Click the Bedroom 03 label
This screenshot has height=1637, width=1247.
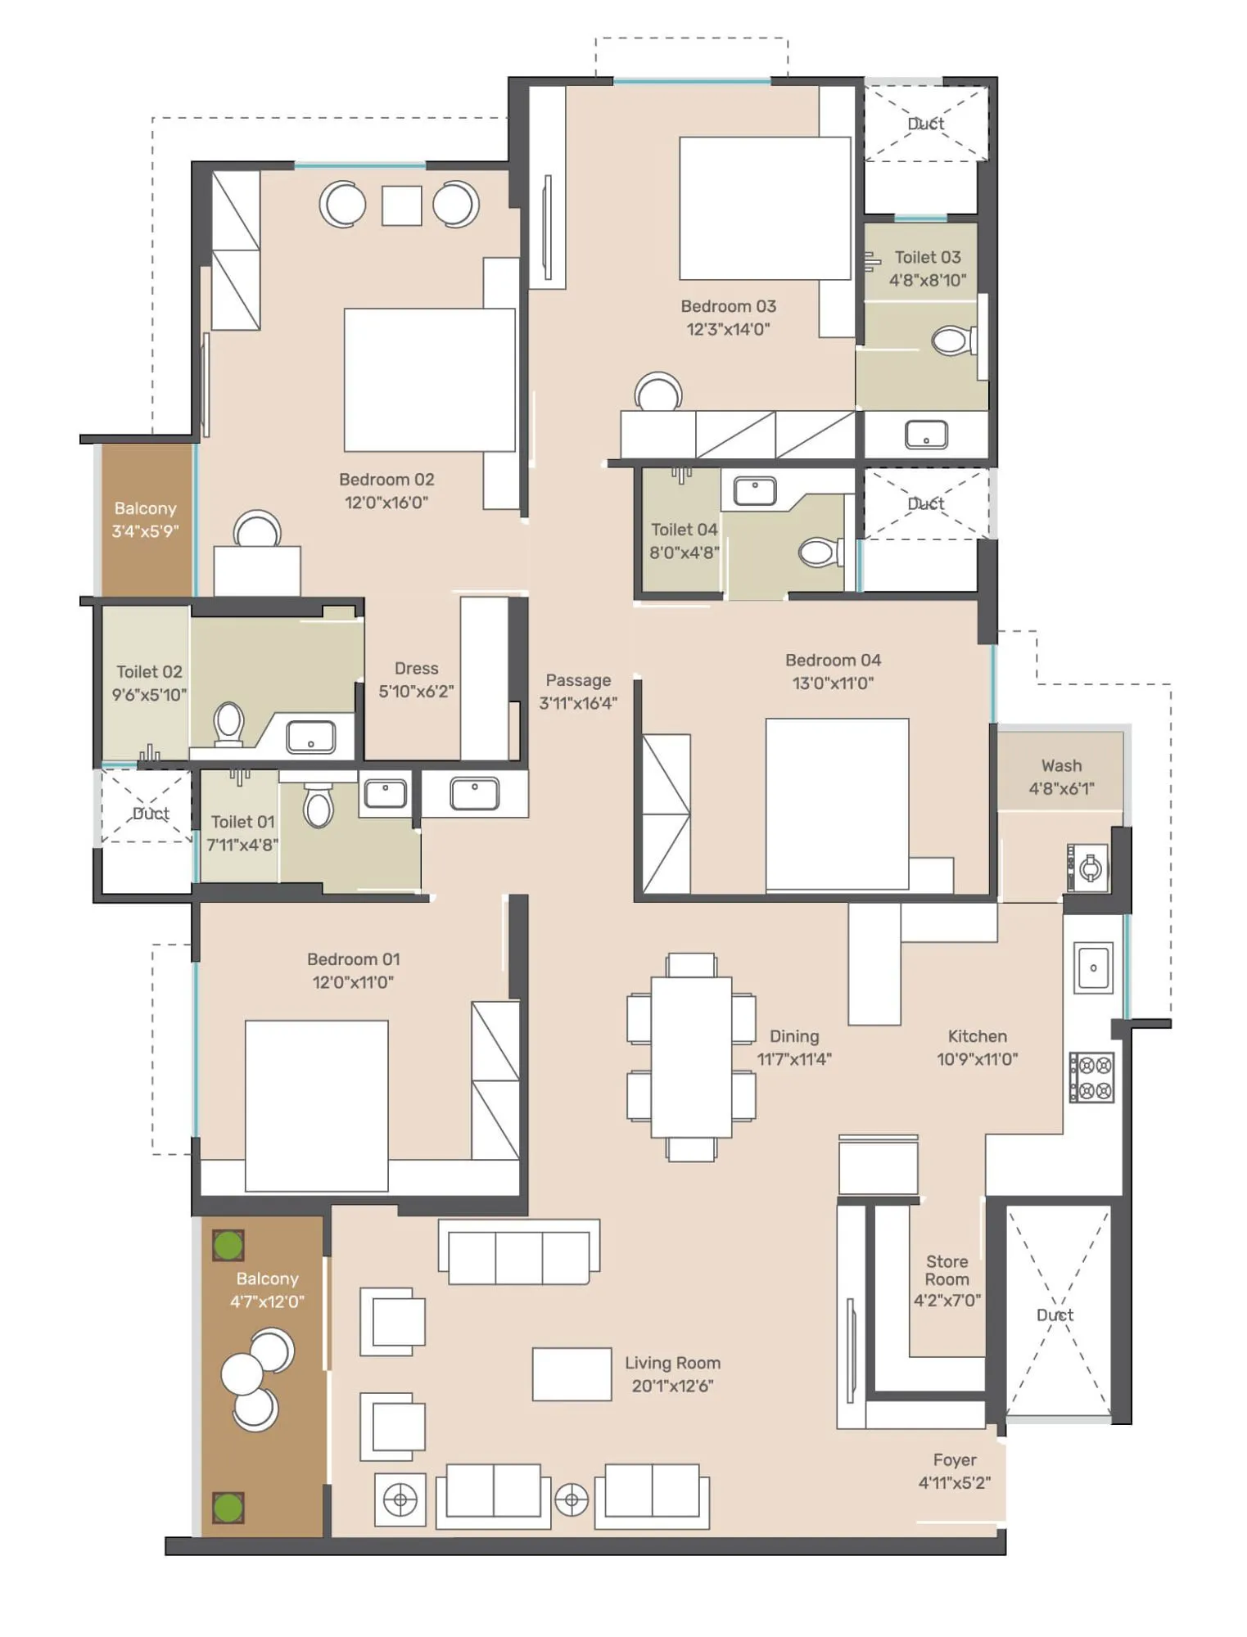pyautogui.click(x=728, y=306)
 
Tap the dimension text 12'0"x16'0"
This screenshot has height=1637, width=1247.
pyautogui.click(x=386, y=503)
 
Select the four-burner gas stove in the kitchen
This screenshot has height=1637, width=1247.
pyautogui.click(x=1091, y=1077)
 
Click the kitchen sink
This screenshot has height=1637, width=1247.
pyautogui.click(x=1093, y=967)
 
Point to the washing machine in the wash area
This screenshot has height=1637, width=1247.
pyautogui.click(x=1088, y=868)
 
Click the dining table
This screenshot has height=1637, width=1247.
pyautogui.click(x=691, y=1057)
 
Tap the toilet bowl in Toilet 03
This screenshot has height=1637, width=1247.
pyautogui.click(x=952, y=340)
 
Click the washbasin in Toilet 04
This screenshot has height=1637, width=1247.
pyautogui.click(x=754, y=491)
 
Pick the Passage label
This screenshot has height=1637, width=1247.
pyautogui.click(x=578, y=680)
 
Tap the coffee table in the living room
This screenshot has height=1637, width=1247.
pyautogui.click(x=572, y=1374)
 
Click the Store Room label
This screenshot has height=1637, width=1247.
pyautogui.click(x=947, y=1270)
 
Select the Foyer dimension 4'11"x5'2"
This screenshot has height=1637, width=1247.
pyautogui.click(x=954, y=1482)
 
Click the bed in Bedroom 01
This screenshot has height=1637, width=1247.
pyautogui.click(x=316, y=1105)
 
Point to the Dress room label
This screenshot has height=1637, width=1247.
pyautogui.click(x=416, y=669)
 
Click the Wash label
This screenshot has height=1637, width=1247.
pyautogui.click(x=1061, y=765)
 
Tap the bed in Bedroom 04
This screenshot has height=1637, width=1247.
pyautogui.click(x=837, y=804)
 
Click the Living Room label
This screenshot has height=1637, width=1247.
pyautogui.click(x=672, y=1363)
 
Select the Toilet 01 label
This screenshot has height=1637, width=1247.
pyautogui.click(x=242, y=822)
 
